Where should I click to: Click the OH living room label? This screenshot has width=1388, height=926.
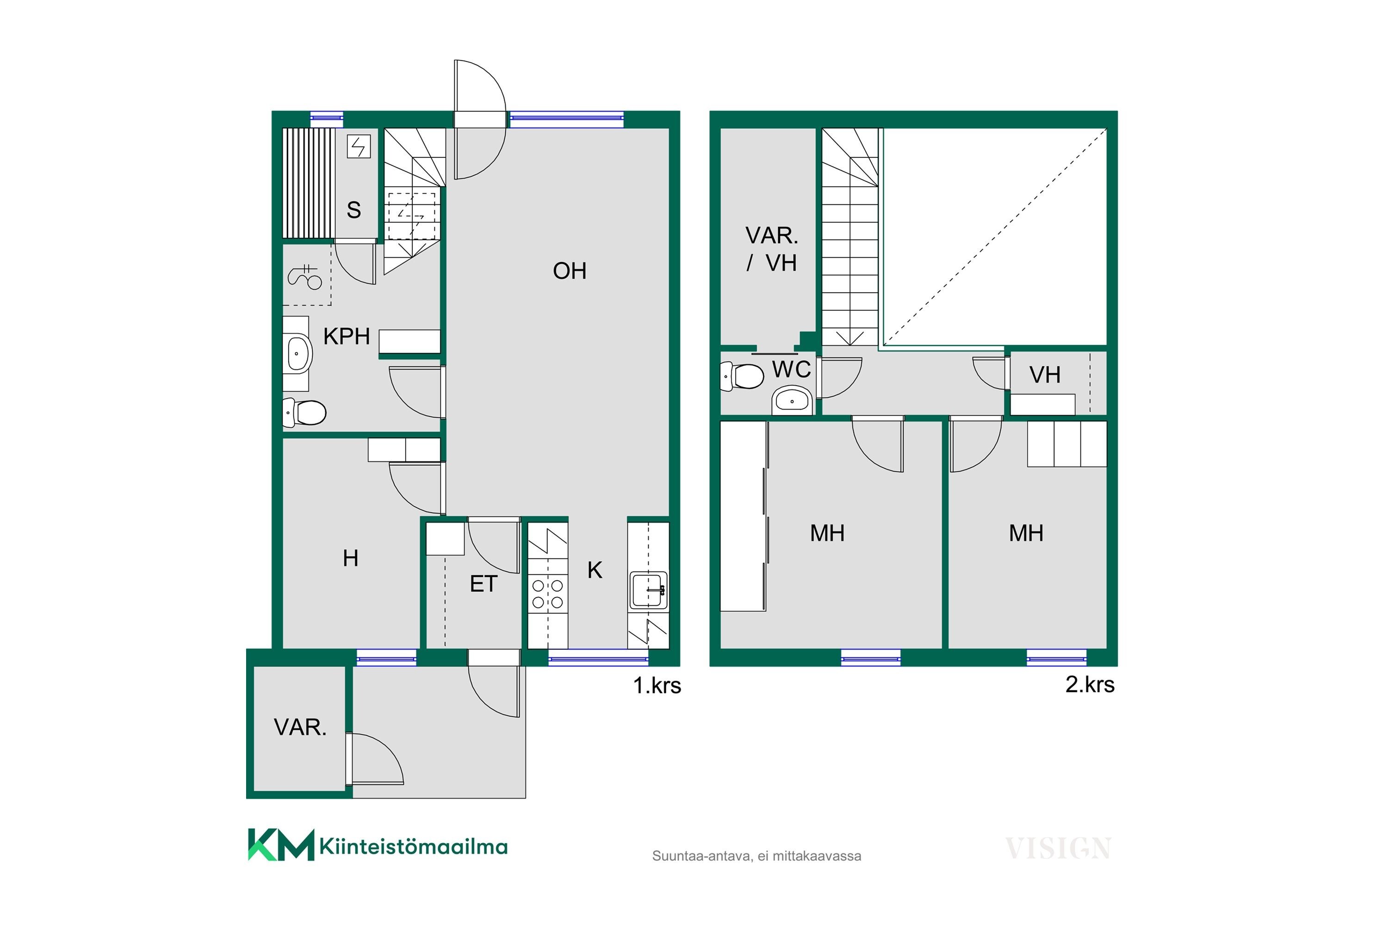[x=570, y=271]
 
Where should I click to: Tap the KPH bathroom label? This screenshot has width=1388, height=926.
[x=347, y=337]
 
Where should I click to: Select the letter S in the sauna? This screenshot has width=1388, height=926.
[x=353, y=210]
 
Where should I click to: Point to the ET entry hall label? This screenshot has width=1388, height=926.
[x=483, y=584]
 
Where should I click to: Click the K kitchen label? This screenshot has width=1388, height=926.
[x=595, y=570]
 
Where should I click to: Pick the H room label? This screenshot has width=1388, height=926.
[x=351, y=558]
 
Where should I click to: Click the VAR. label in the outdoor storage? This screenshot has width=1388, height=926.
[x=300, y=727]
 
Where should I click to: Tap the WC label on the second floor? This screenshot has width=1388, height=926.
[x=791, y=369]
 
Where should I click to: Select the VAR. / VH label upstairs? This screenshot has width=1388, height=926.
[x=771, y=249]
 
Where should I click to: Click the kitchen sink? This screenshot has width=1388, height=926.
[x=649, y=589]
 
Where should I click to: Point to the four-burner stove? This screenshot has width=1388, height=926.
[x=548, y=594]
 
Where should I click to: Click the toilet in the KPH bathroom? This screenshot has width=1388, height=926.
[x=304, y=412]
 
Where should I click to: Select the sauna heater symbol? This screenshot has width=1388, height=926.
[x=359, y=146]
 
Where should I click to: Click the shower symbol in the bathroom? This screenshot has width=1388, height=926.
[x=304, y=277]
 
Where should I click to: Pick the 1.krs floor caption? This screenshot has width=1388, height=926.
[x=657, y=686]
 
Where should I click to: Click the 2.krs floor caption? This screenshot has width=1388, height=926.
[x=1090, y=684]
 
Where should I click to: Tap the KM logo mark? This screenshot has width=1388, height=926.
[x=281, y=845]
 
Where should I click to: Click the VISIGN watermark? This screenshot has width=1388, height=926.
[x=1058, y=849]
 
